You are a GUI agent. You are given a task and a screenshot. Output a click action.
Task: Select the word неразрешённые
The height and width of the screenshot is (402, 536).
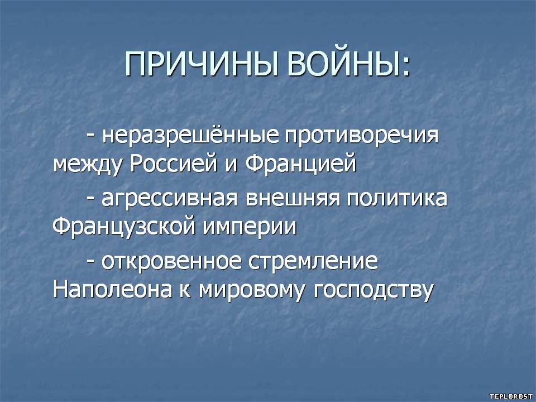pyautogui.click(x=190, y=135)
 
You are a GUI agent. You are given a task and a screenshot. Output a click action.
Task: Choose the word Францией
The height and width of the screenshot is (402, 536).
pyautogui.click(x=300, y=163)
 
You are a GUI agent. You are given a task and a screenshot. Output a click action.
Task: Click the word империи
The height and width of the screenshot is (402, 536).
pyautogui.click(x=250, y=228)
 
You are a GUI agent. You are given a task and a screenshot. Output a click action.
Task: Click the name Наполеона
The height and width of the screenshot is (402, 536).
pyautogui.click(x=112, y=290)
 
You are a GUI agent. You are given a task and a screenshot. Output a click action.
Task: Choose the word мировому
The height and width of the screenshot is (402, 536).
pyautogui.click(x=251, y=292)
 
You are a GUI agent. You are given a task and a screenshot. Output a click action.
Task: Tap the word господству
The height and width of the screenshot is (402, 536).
pyautogui.click(x=374, y=291)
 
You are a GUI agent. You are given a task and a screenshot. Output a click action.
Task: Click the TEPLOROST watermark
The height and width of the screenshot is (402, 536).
pyautogui.click(x=511, y=396)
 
